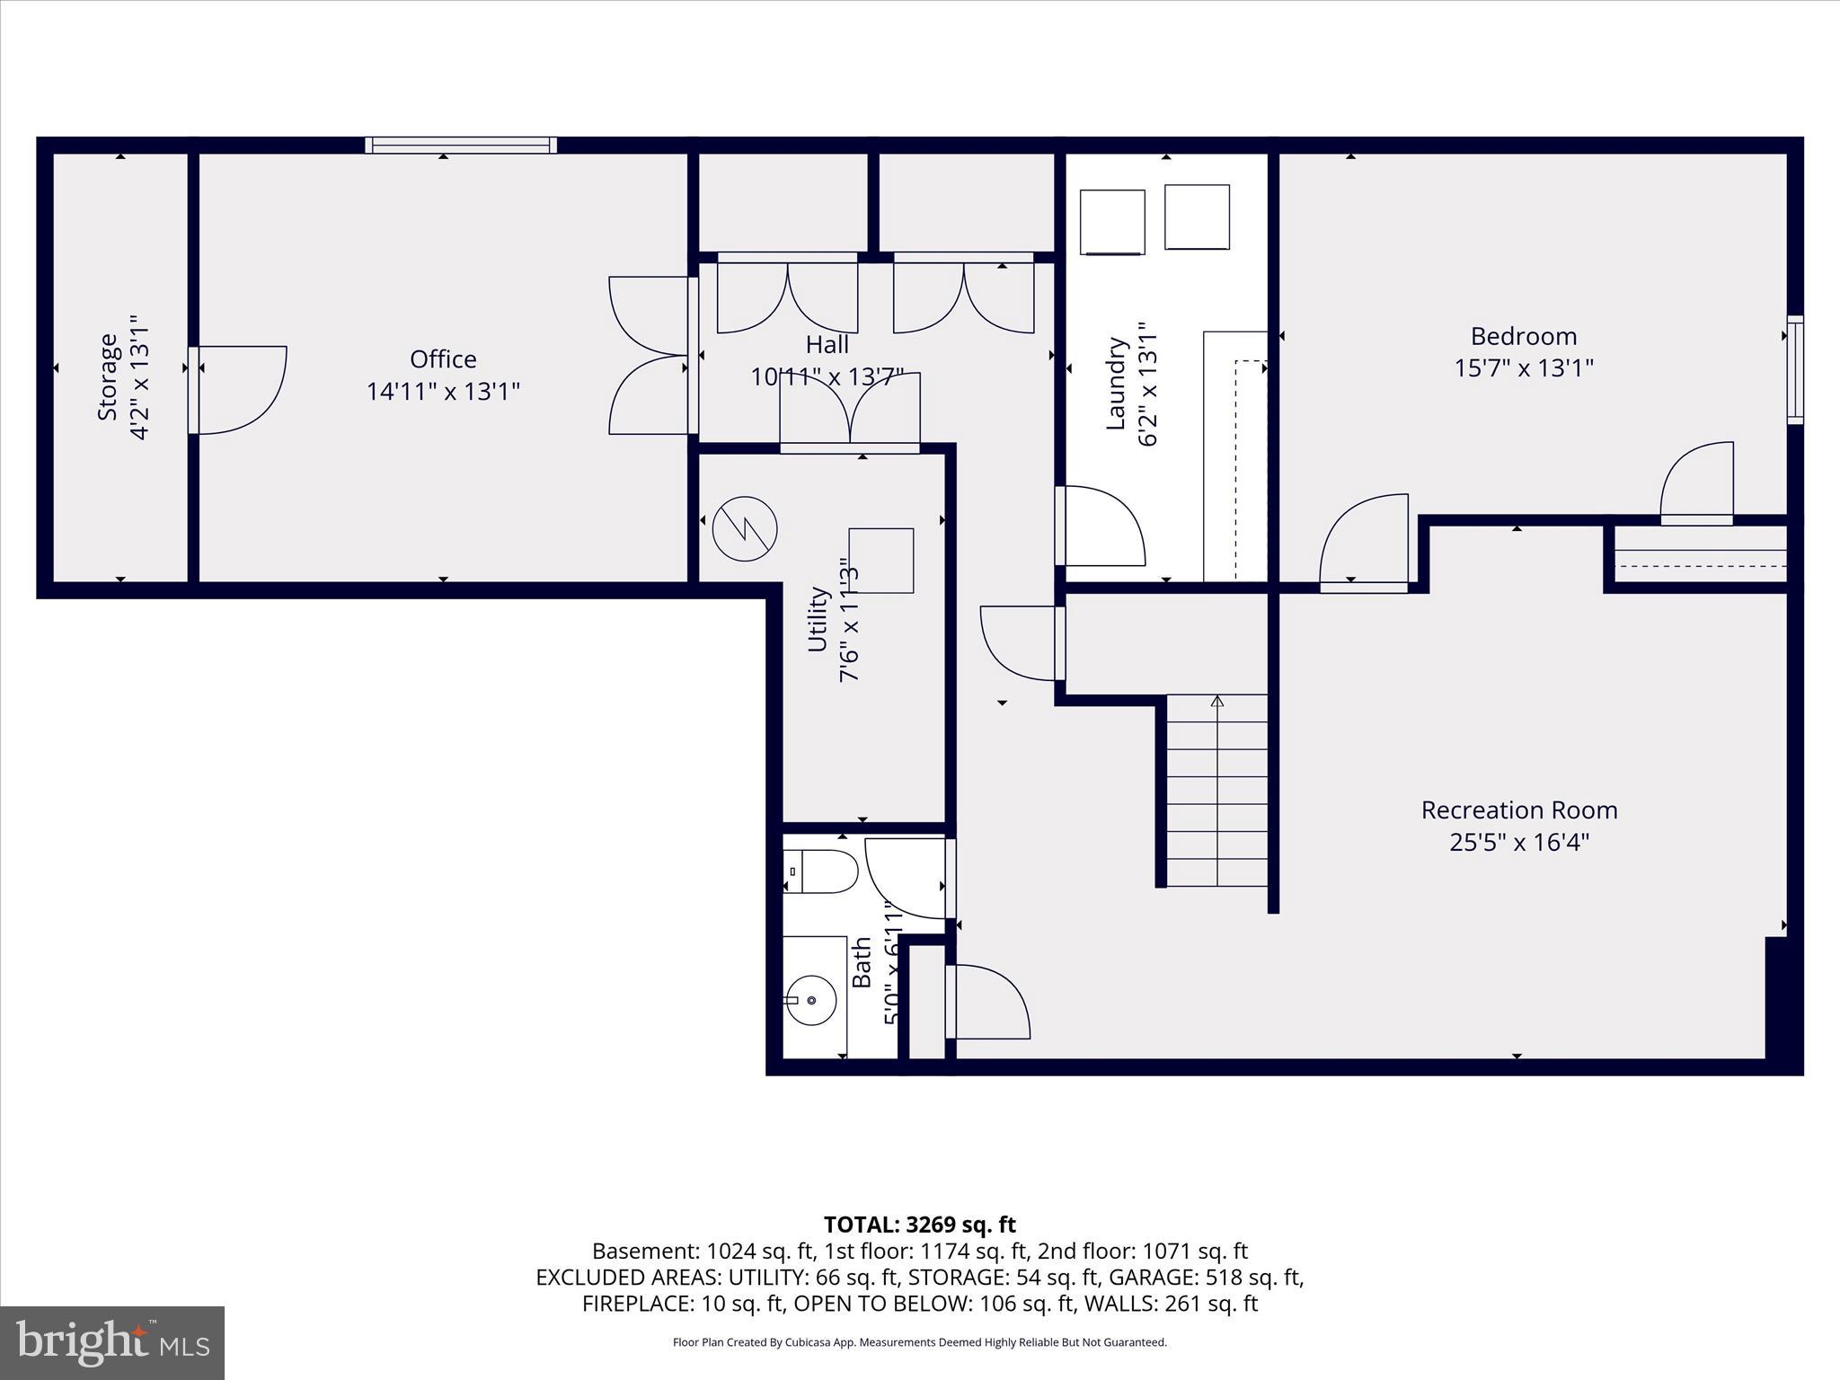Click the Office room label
pos(443,359)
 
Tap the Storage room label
pos(108,376)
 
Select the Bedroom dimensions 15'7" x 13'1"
pos(1524,368)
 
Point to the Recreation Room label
pos(1519,810)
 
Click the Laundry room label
pos(1115,384)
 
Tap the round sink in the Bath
pos(811,1000)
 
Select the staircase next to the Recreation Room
pos(1216,791)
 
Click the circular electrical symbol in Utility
pos(745,529)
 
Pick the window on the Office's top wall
pos(461,145)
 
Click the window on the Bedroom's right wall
pos(1794,369)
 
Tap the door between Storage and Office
pos(238,390)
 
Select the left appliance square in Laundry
pos(1112,222)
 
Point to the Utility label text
pos(817,619)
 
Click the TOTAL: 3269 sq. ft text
pos(919,1225)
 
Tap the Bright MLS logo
pos(112,1343)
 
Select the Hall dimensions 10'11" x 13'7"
pos(827,377)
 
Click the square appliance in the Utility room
pos(880,561)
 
